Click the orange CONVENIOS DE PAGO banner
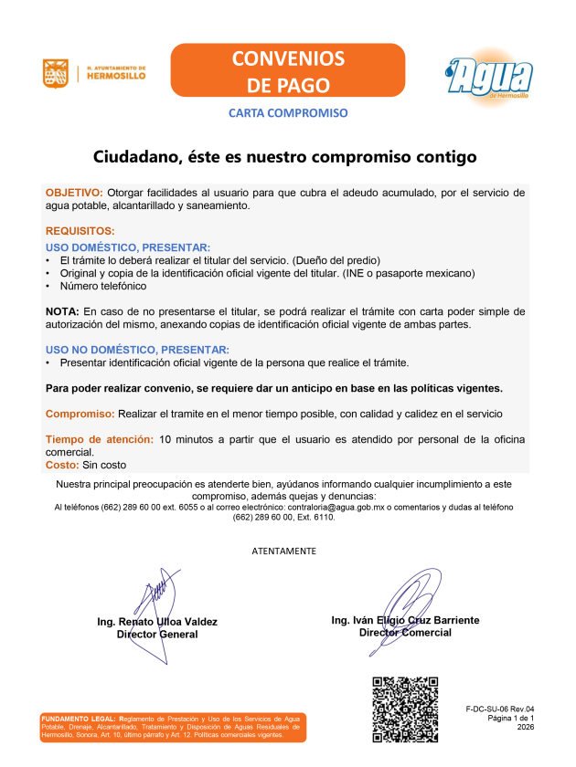[288, 72]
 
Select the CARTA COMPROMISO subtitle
[288, 114]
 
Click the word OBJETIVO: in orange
[74, 193]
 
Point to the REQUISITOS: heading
[80, 232]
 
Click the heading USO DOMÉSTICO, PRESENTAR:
[128, 247]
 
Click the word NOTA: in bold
[62, 311]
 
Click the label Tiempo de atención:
[100, 439]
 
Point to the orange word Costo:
[61, 465]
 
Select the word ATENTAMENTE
[284, 551]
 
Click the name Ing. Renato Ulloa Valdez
[157, 622]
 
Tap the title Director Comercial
[405, 633]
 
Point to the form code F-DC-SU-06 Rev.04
[499, 709]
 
